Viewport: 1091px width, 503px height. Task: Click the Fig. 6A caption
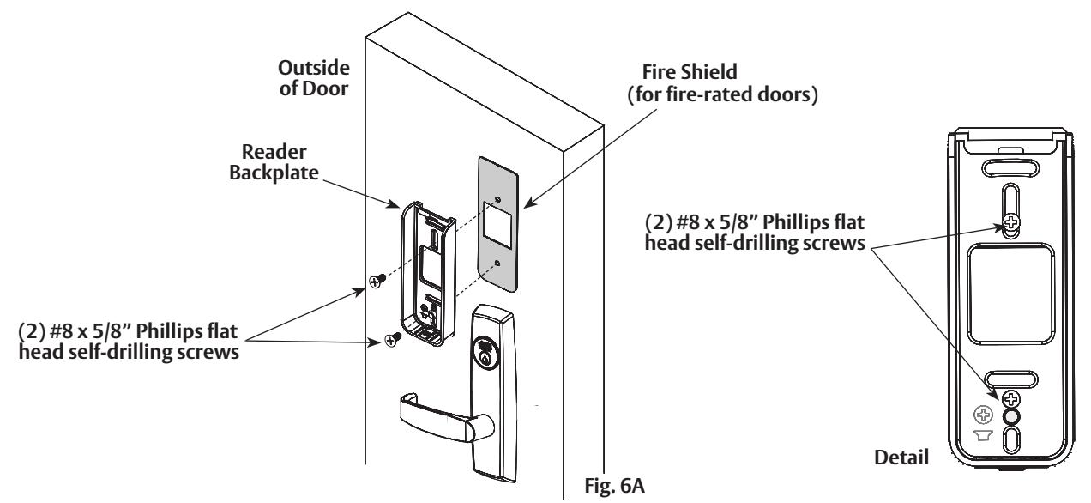tap(615, 486)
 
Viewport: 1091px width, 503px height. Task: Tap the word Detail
tap(901, 458)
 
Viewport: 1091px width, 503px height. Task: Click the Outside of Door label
tap(314, 78)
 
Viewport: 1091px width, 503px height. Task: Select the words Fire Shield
tap(690, 72)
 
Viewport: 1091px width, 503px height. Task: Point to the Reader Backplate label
tap(274, 162)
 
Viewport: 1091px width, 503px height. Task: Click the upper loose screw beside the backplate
tap(377, 281)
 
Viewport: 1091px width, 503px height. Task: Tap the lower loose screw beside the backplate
tap(393, 339)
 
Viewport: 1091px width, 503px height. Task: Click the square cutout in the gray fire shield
tap(497, 225)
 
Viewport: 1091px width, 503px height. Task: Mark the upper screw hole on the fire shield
tap(497, 199)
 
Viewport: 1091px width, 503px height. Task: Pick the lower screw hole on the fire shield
tap(497, 264)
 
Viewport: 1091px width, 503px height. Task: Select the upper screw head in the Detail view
tap(1011, 222)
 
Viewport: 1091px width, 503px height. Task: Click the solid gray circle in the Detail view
tap(1010, 417)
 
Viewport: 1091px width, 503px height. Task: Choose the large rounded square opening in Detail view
tap(1011, 294)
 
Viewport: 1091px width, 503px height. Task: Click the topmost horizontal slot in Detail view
tap(1010, 168)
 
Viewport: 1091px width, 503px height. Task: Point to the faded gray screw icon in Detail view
tap(983, 415)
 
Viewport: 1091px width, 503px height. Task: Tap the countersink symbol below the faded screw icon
tap(983, 435)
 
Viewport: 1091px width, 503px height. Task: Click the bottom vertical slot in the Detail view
tap(1011, 440)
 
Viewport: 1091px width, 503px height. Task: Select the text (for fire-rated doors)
tap(722, 94)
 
